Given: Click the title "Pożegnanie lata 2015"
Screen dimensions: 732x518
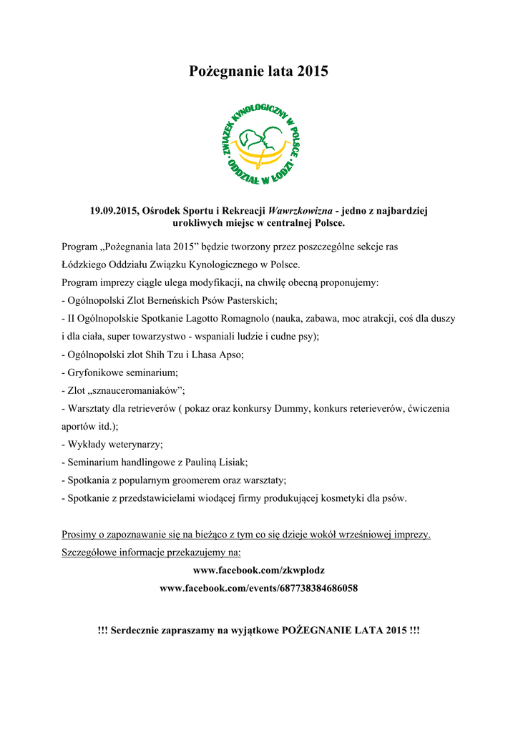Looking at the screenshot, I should click(258, 71).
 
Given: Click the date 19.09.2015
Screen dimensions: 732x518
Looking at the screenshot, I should click(114, 211).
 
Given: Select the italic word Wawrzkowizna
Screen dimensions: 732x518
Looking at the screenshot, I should click(299, 211).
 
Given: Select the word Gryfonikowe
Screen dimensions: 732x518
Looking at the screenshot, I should click(97, 372).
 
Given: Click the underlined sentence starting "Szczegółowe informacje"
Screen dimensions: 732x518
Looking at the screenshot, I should click(152, 553).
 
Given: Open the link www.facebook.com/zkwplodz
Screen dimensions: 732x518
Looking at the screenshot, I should click(258, 570).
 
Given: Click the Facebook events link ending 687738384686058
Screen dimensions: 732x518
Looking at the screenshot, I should click(258, 588).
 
